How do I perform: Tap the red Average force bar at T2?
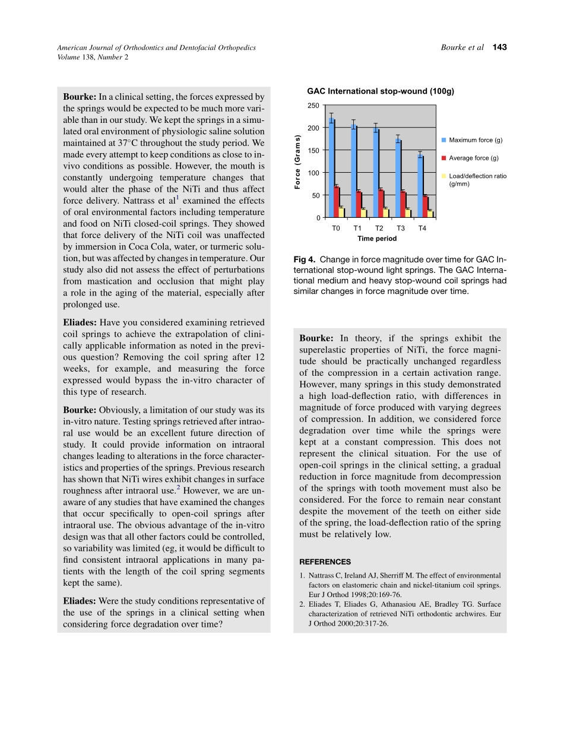pyautogui.click(x=381, y=204)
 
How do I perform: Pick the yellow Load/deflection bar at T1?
pyautogui.click(x=363, y=213)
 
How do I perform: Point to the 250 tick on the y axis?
pyautogui.click(x=313, y=106)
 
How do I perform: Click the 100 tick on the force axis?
pyautogui.click(x=313, y=173)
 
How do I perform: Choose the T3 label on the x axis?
pyautogui.click(x=401, y=229)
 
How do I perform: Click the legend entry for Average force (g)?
pyautogui.click(x=473, y=158)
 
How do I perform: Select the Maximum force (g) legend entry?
pyautogui.click(x=475, y=140)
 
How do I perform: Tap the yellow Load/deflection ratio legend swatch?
pyautogui.click(x=443, y=176)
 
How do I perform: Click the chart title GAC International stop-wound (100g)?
pyautogui.click(x=381, y=91)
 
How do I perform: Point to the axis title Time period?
pyautogui.click(x=377, y=239)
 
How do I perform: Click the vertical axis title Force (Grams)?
pyautogui.click(x=298, y=162)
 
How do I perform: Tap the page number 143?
pyautogui.click(x=500, y=47)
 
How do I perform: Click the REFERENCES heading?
pyautogui.click(x=325, y=562)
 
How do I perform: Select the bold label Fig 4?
pyautogui.click(x=304, y=259)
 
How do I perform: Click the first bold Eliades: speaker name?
pyautogui.click(x=80, y=322)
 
